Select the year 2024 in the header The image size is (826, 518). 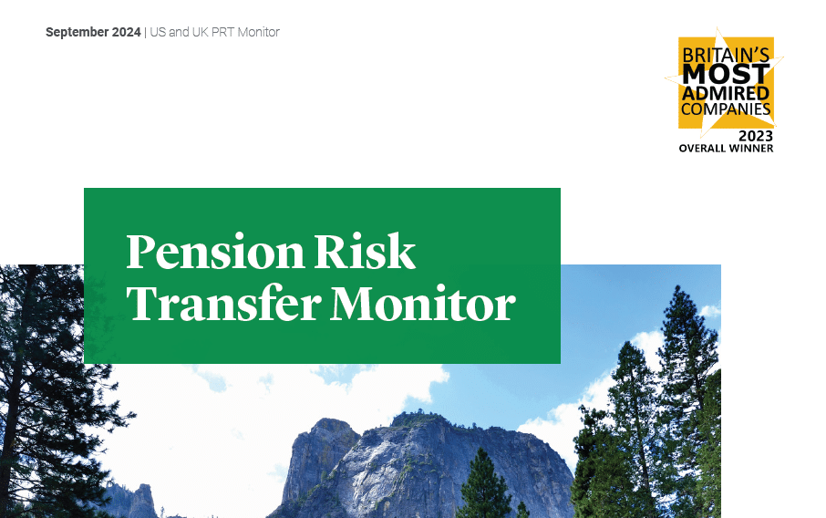point(125,33)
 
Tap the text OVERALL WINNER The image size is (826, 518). point(726,149)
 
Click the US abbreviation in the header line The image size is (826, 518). point(157,33)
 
